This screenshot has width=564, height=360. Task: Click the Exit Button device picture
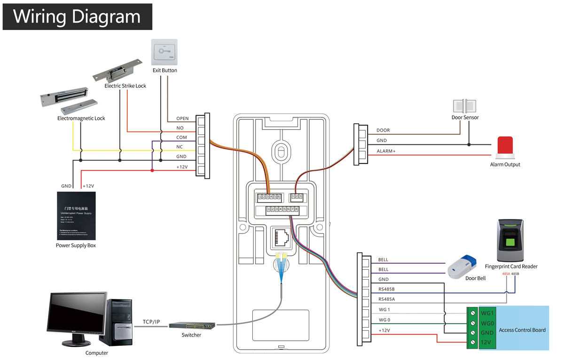[164, 52]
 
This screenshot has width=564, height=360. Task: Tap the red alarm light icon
[505, 146]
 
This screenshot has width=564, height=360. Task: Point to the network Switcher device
[192, 325]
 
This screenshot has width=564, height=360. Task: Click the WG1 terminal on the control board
[487, 313]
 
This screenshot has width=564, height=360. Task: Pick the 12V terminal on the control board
[486, 342]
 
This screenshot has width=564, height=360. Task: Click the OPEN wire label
[182, 118]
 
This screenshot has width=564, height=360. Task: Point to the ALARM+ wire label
[386, 151]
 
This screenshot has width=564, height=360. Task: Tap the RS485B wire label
[386, 289]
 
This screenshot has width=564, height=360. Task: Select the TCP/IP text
[151, 322]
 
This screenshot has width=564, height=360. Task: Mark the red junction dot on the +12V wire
[152, 170]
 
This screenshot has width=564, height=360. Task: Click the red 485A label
[506, 274]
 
